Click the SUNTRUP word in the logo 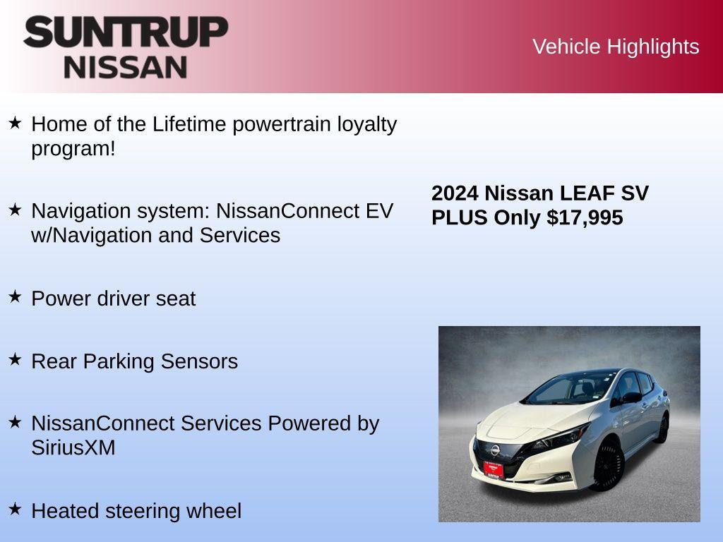tap(126, 32)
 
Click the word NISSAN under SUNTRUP tap(126, 67)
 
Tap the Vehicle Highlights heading tap(616, 47)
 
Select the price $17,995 tap(585, 217)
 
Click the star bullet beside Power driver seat tap(16, 296)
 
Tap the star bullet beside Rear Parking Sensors tap(16, 359)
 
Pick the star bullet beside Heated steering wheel tap(16, 509)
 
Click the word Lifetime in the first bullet tap(189, 124)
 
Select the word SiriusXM tap(73, 447)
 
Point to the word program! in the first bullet tap(73, 149)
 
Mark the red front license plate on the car tap(494, 468)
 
